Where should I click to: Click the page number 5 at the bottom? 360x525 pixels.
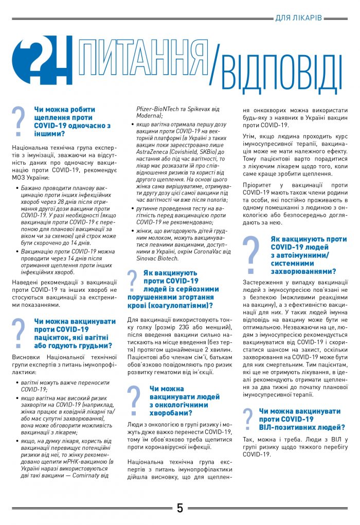coord(180,508)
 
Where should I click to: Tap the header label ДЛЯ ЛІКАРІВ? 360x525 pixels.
coord(298,18)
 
